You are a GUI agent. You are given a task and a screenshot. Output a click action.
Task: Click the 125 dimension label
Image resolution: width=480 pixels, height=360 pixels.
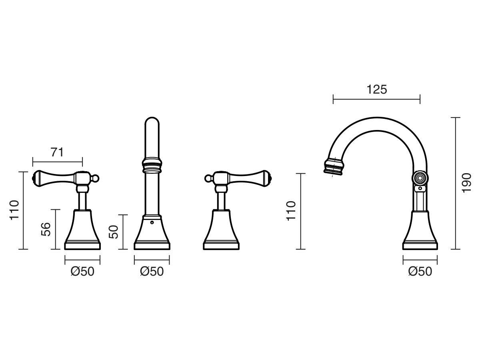click(376, 89)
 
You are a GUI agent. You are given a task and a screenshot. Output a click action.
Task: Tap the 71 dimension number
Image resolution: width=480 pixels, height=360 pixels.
click(57, 152)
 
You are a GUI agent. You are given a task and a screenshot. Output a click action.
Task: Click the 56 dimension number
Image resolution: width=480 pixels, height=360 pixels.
click(46, 229)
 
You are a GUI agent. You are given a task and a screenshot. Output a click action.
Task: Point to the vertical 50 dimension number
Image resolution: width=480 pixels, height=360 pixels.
click(113, 232)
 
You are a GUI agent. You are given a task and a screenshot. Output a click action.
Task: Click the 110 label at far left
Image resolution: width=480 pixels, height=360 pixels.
click(14, 210)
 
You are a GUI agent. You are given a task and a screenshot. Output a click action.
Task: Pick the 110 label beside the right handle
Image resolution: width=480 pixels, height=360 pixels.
click(291, 211)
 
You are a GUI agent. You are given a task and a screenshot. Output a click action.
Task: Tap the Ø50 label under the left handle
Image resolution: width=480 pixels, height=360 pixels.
click(82, 272)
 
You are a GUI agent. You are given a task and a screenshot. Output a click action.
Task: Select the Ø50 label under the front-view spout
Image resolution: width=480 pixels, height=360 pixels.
click(152, 272)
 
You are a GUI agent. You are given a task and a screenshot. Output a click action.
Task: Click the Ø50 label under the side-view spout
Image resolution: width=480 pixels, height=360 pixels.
click(420, 272)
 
